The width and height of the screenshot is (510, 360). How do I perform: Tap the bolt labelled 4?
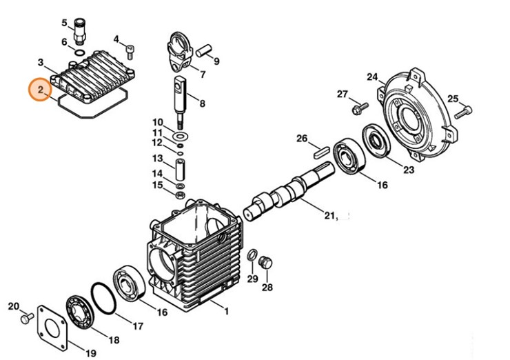point(130,52)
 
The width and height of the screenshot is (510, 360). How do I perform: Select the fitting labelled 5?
point(79,32)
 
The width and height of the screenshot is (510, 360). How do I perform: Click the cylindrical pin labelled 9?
point(203,51)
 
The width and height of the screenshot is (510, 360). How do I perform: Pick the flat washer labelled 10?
point(181,134)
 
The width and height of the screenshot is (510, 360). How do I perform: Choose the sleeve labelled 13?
point(180,169)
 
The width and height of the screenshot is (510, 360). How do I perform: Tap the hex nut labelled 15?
point(180,195)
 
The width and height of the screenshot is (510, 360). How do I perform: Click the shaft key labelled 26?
point(320,152)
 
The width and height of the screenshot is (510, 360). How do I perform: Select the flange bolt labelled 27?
point(360,108)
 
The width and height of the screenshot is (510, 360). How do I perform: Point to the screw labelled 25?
point(463,112)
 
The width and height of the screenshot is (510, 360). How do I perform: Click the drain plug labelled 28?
point(266,262)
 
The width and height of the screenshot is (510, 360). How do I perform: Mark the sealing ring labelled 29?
point(252,255)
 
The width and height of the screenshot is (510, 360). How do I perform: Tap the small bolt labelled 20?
point(27,318)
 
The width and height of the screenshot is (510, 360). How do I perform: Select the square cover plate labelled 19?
point(52,328)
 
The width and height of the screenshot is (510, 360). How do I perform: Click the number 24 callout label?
point(372,77)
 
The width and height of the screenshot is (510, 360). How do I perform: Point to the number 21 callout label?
point(329,215)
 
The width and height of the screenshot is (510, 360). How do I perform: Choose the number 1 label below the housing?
point(226,311)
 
